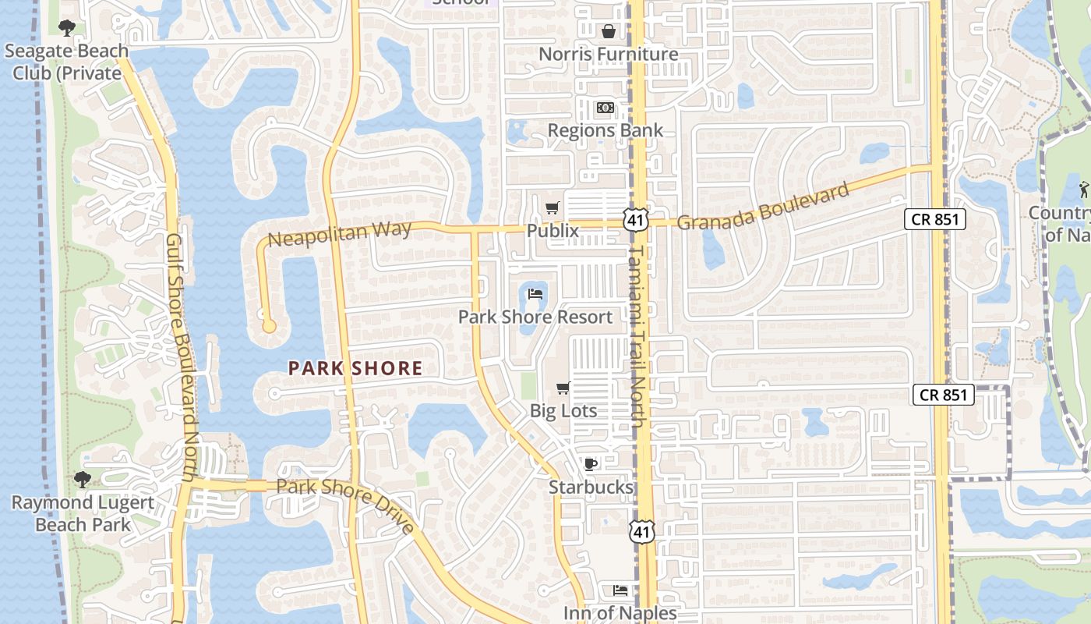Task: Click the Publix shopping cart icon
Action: pos(553,207)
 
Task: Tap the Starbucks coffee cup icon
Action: pos(591,465)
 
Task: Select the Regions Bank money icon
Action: pos(605,108)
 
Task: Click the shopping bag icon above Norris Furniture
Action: pos(608,31)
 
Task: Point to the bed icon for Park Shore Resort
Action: pos(535,294)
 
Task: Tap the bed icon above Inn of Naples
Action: pos(620,590)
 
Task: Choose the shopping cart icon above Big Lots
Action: pos(563,388)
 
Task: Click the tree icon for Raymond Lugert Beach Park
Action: pos(83,479)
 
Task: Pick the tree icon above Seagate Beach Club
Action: pos(67,28)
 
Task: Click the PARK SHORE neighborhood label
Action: pos(355,368)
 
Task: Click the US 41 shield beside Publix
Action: pos(636,220)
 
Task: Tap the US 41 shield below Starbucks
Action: pos(643,532)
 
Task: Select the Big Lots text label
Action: pos(563,411)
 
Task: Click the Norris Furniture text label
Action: pos(609,54)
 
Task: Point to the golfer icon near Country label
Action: pos(1083,189)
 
